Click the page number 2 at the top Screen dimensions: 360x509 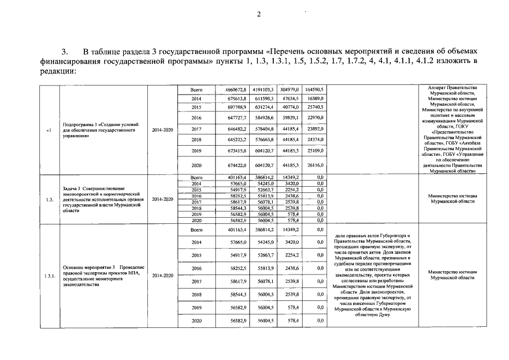click(x=259, y=15)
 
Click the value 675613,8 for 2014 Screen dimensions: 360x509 click(x=237, y=98)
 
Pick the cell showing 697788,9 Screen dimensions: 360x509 click(x=237, y=107)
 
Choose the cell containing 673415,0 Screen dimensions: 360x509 click(x=237, y=151)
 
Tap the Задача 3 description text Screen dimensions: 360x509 click(x=101, y=200)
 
